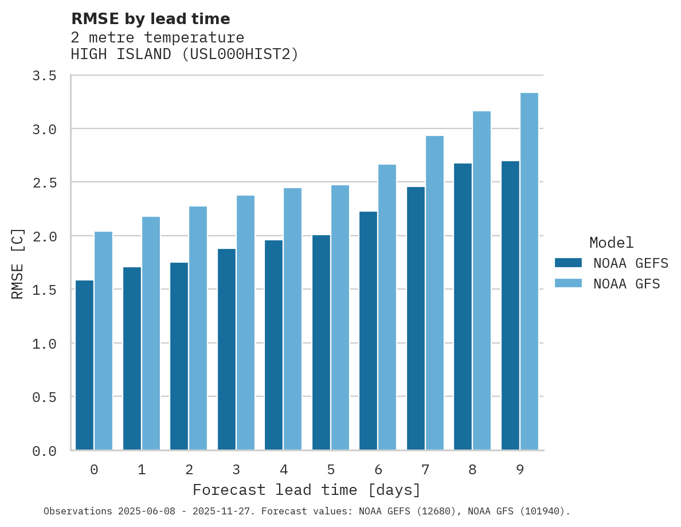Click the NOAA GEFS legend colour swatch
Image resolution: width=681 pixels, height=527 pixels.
[x=568, y=263]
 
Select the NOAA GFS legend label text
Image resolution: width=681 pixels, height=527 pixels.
[x=627, y=284]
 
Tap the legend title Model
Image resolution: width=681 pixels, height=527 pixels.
[x=612, y=243]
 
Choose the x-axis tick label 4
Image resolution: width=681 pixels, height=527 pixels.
[x=283, y=470]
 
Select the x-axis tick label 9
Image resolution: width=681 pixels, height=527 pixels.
[x=519, y=470]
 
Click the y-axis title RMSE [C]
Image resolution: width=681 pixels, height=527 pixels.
[x=18, y=263]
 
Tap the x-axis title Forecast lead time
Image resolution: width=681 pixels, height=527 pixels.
[x=307, y=490]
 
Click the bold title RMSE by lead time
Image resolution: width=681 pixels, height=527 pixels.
[x=150, y=19]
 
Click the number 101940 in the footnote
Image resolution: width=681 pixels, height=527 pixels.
[x=540, y=511]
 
